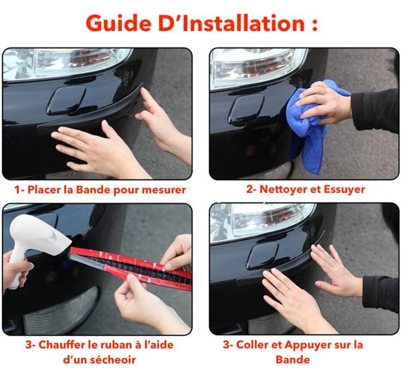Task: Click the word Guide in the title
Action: click(x=119, y=23)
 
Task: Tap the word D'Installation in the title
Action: click(x=232, y=23)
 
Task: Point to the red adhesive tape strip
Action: click(x=131, y=269)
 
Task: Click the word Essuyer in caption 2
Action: click(x=344, y=189)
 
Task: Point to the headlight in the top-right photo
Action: click(x=258, y=67)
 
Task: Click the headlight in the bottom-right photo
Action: click(x=261, y=223)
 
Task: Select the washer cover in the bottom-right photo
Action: click(x=263, y=256)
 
